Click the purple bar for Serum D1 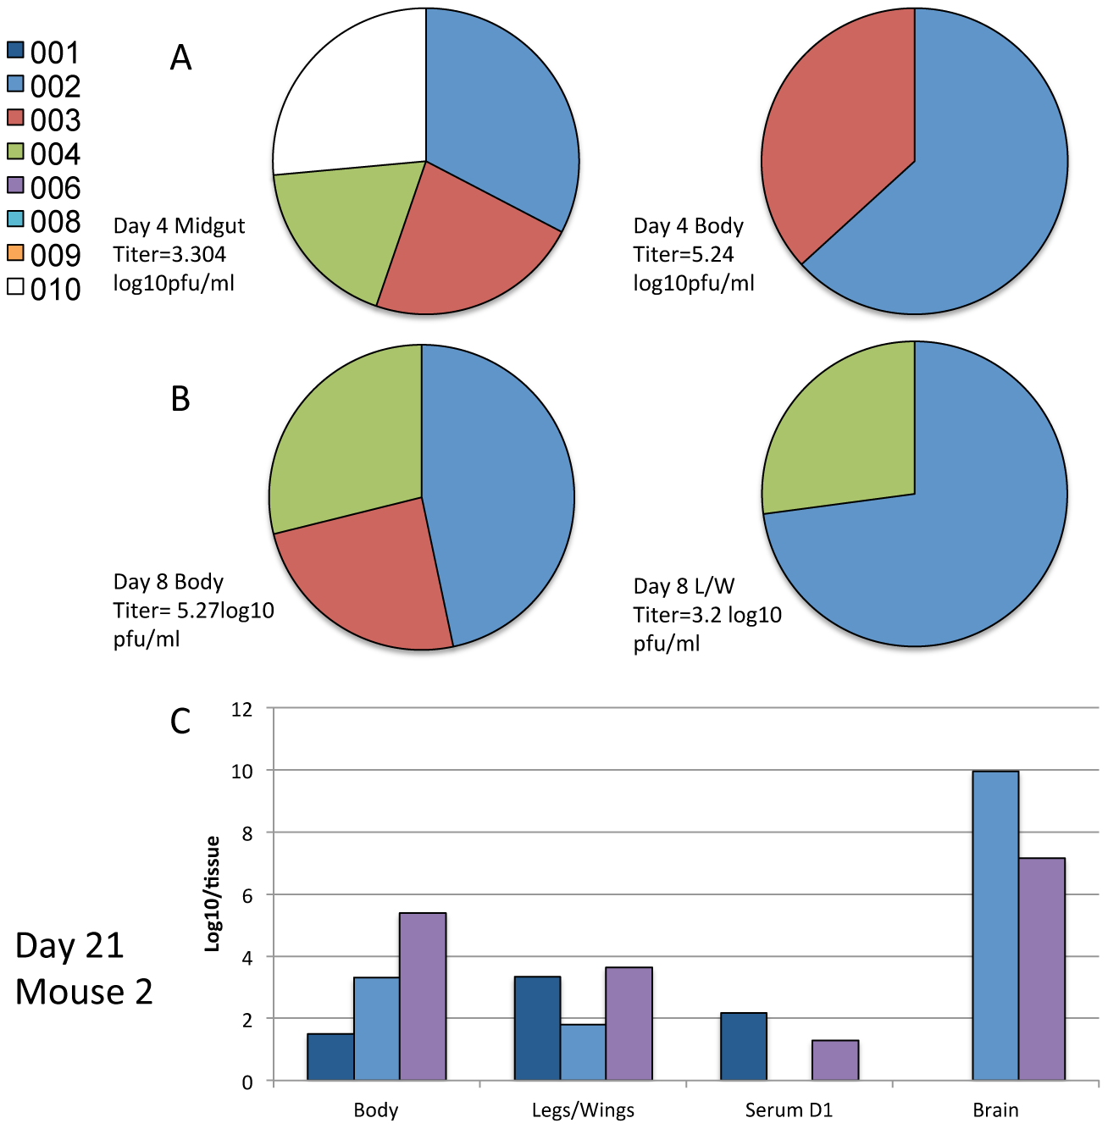[x=834, y=1060]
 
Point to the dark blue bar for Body [x=330, y=1056]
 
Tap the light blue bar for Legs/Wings [x=583, y=1052]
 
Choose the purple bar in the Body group [x=423, y=996]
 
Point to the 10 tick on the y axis [x=242, y=772]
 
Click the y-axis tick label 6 [x=247, y=895]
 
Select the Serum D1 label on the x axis [x=789, y=1110]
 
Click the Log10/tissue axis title [x=213, y=894]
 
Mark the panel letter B [x=180, y=399]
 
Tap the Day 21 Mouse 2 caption [x=84, y=968]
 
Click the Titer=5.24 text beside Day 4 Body [x=684, y=254]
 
